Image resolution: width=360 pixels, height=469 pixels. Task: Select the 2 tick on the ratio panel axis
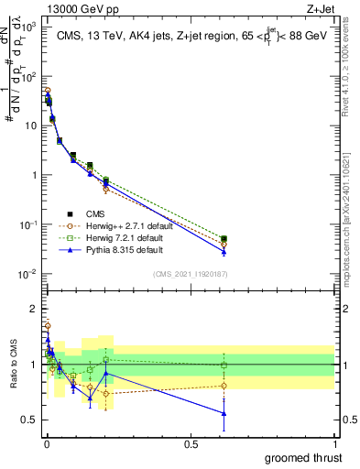(x=33, y=309)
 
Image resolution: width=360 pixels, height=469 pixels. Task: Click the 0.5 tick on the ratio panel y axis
(x=29, y=420)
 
